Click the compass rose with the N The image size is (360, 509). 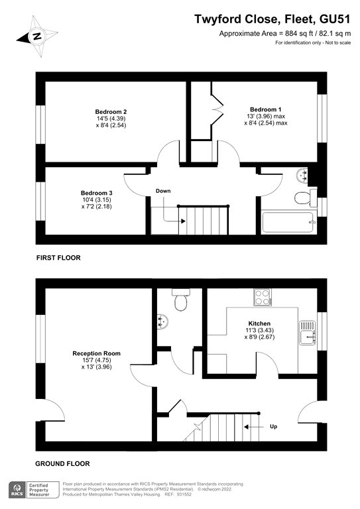[x=37, y=36]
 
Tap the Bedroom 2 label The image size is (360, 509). [x=111, y=111]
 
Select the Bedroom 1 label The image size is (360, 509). [x=266, y=109]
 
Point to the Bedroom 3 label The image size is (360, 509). [x=96, y=193]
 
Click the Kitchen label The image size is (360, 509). [x=259, y=323]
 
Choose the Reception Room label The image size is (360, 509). [x=96, y=353]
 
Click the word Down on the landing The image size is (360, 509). [x=163, y=191]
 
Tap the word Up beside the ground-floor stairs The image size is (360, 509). [x=274, y=426]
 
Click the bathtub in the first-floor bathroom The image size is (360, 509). [x=288, y=222]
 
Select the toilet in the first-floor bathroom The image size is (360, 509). [x=305, y=198]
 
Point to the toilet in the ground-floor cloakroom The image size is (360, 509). [x=181, y=300]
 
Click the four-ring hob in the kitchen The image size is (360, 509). [x=263, y=297]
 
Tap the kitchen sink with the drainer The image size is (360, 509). [x=307, y=333]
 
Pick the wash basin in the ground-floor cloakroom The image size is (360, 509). [x=162, y=321]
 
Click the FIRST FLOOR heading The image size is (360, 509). [x=58, y=258]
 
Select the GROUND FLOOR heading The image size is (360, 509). [x=62, y=463]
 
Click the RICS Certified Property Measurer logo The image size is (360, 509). [x=34, y=490]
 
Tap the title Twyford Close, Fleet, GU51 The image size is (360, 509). [x=272, y=19]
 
